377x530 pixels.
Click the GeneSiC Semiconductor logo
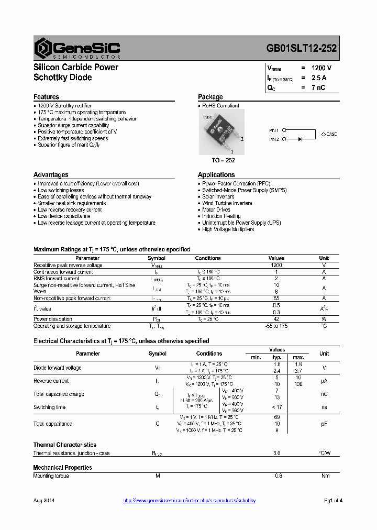pyautogui.click(x=77, y=48)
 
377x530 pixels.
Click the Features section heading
pyautogui.click(x=46, y=97)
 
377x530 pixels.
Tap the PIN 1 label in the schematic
pyautogui.click(x=275, y=129)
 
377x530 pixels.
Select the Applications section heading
pyautogui.click(x=216, y=175)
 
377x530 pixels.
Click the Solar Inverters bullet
pyautogui.click(x=218, y=197)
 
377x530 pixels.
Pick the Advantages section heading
pyautogui.click(x=51, y=175)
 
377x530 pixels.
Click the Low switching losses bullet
pyautogui.click(x=61, y=190)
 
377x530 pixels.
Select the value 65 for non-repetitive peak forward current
pyautogui.click(x=276, y=298)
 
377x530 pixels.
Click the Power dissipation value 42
pyautogui.click(x=276, y=319)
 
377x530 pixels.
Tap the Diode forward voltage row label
pyautogui.click(x=58, y=368)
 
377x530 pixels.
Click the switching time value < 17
pyautogui.click(x=277, y=407)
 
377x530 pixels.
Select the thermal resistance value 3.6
pyautogui.click(x=277, y=453)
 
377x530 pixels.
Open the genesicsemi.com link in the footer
pyautogui.click(x=189, y=501)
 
